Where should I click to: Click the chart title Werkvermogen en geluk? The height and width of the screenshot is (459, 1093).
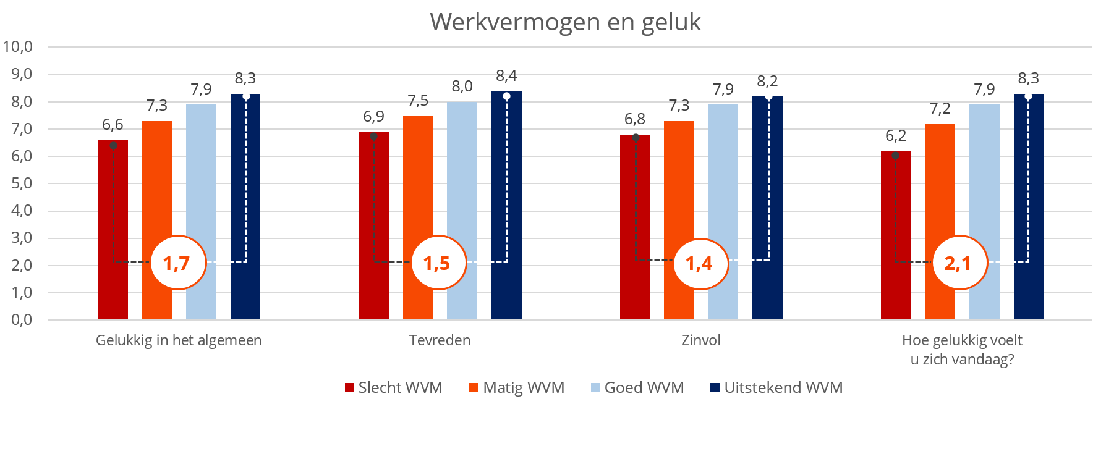tap(565, 22)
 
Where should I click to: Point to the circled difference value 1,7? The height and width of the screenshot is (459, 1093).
tap(177, 263)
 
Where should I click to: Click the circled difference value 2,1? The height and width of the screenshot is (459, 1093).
tap(959, 263)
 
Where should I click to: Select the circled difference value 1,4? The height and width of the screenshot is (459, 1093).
tap(700, 263)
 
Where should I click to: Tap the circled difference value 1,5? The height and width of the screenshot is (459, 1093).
tap(438, 263)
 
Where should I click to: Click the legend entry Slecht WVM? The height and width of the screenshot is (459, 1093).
tap(394, 388)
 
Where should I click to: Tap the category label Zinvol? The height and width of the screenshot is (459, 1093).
tap(700, 340)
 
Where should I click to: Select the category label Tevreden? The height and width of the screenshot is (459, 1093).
tap(440, 340)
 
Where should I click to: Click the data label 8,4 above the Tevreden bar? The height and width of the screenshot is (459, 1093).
tap(506, 76)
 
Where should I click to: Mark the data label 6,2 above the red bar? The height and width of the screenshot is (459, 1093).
tap(896, 136)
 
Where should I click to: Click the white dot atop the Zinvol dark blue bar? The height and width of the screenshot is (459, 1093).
tap(768, 96)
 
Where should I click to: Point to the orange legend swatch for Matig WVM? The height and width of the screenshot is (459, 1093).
tap(474, 388)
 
